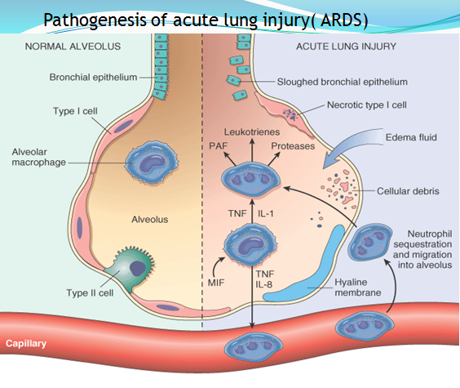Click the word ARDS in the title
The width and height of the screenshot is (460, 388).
[341, 20]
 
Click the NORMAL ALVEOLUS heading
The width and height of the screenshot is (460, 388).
[73, 47]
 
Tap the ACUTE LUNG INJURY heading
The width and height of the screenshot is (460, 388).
[346, 47]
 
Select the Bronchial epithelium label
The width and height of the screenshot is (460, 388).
[93, 78]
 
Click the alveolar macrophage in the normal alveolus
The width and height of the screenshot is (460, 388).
[152, 162]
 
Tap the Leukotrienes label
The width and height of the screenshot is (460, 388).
[252, 132]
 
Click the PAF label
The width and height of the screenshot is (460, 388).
[218, 146]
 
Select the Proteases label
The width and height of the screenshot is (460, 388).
[293, 146]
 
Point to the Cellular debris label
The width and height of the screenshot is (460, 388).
[408, 191]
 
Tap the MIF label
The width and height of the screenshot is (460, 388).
[216, 283]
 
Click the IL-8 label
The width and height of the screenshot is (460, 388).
[263, 284]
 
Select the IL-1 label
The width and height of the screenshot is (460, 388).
[266, 213]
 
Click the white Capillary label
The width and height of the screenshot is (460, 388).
[26, 343]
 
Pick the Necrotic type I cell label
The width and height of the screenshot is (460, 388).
[367, 105]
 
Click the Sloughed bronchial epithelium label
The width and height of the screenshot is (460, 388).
[343, 82]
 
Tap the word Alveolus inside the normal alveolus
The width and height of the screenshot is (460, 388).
[149, 220]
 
